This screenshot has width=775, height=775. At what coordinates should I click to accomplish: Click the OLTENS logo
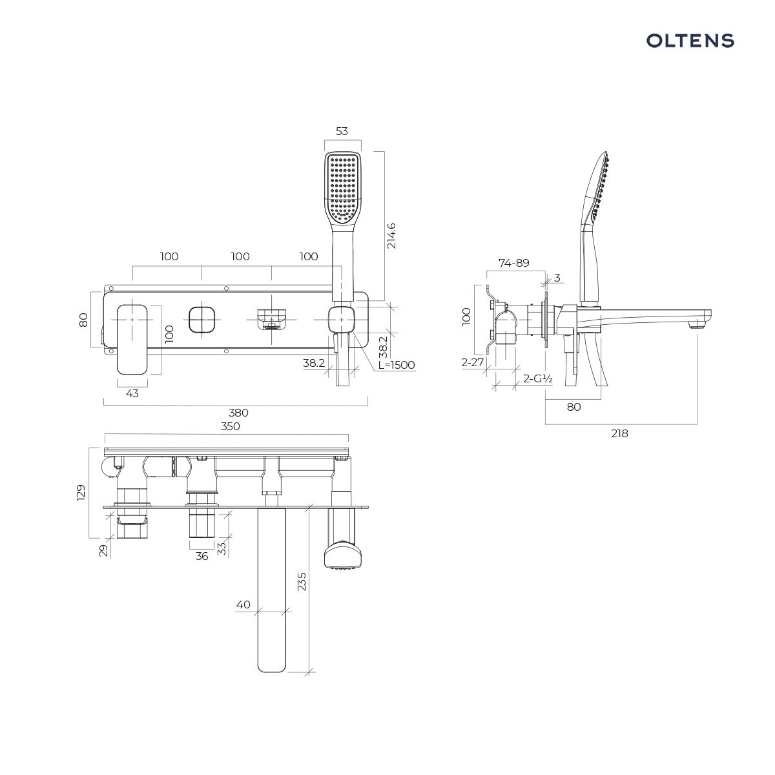(690, 41)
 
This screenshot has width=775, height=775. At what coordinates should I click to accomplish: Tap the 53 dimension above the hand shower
(342, 131)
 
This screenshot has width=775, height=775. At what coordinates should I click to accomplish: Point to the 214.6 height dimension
(391, 236)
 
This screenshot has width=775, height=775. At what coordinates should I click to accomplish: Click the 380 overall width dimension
(238, 413)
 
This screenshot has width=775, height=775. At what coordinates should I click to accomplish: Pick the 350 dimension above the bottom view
(231, 426)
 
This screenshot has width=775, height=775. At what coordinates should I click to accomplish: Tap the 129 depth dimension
(81, 493)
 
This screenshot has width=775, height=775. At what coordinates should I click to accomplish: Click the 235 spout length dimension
(301, 581)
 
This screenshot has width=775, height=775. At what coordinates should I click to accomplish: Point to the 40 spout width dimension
(243, 604)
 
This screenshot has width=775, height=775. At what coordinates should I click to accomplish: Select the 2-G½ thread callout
(538, 378)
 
